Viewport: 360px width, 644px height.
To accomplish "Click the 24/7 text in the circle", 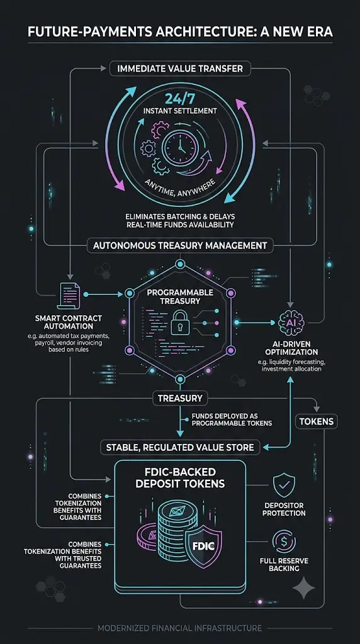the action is (x=179, y=99).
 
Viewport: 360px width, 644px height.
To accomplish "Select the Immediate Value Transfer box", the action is (x=180, y=68).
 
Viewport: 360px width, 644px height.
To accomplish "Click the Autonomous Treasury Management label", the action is (x=180, y=246).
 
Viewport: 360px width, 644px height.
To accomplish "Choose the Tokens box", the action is (x=317, y=421).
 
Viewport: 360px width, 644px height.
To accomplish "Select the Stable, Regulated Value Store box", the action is (x=180, y=447).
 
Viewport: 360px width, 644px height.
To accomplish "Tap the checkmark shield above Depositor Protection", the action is (x=284, y=485).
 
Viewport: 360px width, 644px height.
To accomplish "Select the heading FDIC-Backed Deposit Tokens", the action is (x=180, y=477).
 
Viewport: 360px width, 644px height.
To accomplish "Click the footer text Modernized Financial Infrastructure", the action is (x=180, y=628).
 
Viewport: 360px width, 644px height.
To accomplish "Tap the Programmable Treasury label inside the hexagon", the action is (x=180, y=297).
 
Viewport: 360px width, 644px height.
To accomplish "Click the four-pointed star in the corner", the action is (x=304, y=588).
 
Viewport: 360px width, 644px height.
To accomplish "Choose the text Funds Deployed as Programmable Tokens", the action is (x=232, y=419).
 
